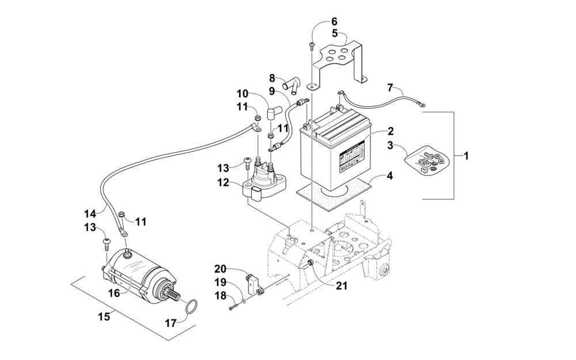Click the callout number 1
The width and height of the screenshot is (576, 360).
pyautogui.click(x=466, y=156)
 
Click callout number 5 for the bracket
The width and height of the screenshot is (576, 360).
pyautogui.click(x=335, y=33)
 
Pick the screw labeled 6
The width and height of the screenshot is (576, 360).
pyautogui.click(x=312, y=46)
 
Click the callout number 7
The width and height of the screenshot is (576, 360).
pyautogui.click(x=390, y=88)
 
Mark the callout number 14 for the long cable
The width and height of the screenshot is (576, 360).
pyautogui.click(x=90, y=214)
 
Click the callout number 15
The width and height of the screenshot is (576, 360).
pyautogui.click(x=104, y=316)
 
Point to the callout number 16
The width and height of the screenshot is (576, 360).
pyautogui.click(x=114, y=293)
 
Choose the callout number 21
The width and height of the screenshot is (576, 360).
pyautogui.click(x=342, y=286)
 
